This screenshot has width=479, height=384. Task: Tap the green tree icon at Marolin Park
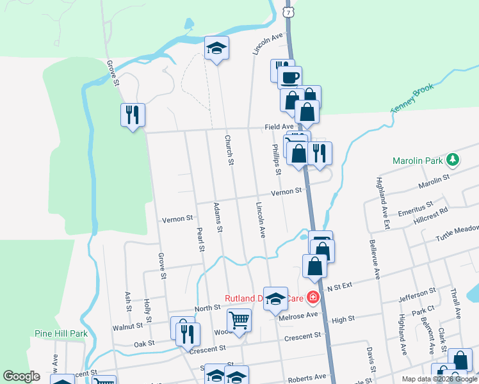pyautogui.click(x=453, y=159)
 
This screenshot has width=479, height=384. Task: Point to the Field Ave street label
pyautogui.click(x=280, y=127)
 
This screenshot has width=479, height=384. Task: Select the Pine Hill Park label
pyautogui.click(x=60, y=333)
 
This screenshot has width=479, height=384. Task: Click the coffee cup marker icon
pyautogui.click(x=289, y=77)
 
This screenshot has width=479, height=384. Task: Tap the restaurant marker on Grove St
pyautogui.click(x=133, y=115)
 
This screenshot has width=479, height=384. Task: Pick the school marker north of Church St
pyautogui.click(x=216, y=47)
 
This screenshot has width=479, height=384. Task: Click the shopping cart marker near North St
pyautogui.click(x=239, y=319)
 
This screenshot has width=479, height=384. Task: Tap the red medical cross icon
pyautogui.click(x=312, y=297)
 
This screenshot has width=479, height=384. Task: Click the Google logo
pyautogui.click(x=21, y=376)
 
